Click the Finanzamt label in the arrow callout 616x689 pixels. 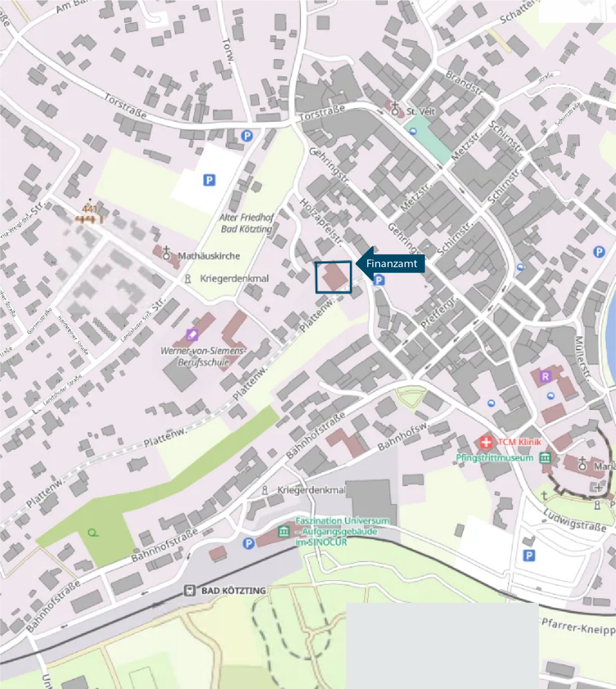tap(391, 263)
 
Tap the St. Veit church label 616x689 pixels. tap(420, 111)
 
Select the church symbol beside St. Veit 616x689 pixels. tap(395, 108)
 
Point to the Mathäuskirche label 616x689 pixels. tap(209, 256)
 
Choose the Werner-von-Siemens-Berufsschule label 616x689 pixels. tap(203, 356)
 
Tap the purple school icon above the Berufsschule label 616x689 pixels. tap(192, 334)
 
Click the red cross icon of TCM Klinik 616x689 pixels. tap(486, 442)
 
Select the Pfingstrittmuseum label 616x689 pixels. tap(494, 457)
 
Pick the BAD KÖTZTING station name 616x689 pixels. tap(233, 590)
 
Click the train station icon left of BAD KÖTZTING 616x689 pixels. tap(190, 590)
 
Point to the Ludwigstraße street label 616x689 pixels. tap(575, 520)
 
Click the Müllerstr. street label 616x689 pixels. tap(583, 359)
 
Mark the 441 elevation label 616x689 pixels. tap(90, 209)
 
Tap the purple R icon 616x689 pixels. tap(545, 377)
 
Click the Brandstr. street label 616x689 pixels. tap(464, 82)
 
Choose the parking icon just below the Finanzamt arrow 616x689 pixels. tap(379, 280)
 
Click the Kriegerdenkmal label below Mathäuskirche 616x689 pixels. tap(234, 278)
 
